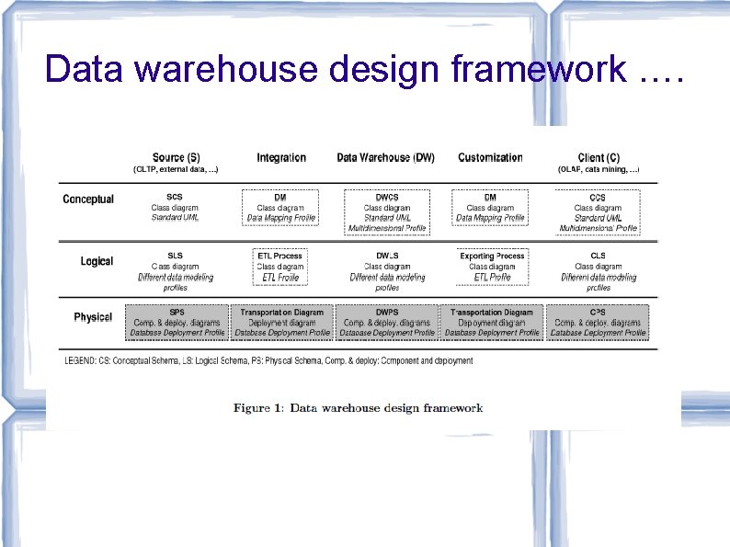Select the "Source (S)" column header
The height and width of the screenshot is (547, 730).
click(175, 158)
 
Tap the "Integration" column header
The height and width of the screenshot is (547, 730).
click(281, 158)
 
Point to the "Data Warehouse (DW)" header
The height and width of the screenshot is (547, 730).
click(386, 158)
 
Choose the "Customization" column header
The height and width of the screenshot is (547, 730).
click(490, 158)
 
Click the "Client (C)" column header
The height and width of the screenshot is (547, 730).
click(598, 158)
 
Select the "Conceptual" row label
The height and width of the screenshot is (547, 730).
click(88, 199)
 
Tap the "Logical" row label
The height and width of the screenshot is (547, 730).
click(97, 262)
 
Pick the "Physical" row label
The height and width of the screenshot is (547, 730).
click(93, 317)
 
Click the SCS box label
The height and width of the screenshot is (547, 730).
click(175, 197)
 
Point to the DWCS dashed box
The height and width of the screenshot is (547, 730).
click(386, 211)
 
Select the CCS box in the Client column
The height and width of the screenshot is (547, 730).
click(598, 211)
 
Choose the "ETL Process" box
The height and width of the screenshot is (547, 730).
click(280, 266)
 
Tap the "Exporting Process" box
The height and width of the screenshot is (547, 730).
click(492, 266)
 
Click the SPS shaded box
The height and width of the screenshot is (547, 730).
click(177, 322)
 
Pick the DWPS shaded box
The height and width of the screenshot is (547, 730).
click(386, 322)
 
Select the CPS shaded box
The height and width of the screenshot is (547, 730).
click(598, 322)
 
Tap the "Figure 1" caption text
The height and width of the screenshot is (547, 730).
click(358, 407)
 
